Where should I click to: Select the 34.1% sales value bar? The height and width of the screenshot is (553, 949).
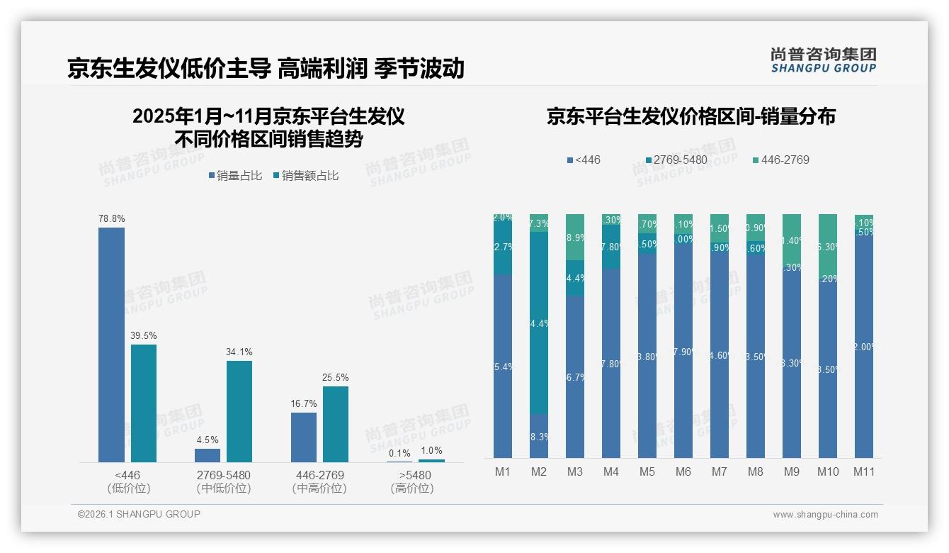(239, 411)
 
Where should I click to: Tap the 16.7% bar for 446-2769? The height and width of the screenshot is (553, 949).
(304, 437)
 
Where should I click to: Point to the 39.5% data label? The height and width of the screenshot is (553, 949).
(144, 335)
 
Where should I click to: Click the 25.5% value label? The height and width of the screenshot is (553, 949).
(336, 377)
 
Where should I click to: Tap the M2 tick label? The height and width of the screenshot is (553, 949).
(539, 471)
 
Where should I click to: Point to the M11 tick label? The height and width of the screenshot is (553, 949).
(863, 471)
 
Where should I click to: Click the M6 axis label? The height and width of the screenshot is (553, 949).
(683, 471)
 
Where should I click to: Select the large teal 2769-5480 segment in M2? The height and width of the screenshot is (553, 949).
(539, 323)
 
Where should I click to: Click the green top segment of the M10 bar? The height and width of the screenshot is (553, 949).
(827, 245)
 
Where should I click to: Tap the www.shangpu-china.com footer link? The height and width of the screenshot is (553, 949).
(825, 515)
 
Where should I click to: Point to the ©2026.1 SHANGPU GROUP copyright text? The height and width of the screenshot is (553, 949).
(139, 514)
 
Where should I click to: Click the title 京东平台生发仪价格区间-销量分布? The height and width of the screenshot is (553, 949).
(691, 116)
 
